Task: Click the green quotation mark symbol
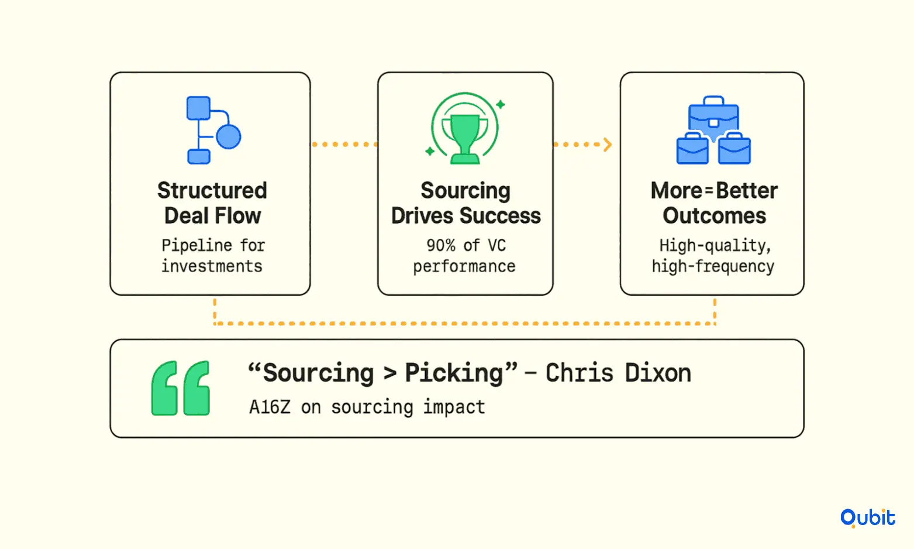click(180, 388)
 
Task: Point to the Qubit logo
click(868, 518)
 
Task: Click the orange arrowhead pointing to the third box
click(608, 144)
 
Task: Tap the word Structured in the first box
click(212, 190)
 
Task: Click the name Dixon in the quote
click(658, 373)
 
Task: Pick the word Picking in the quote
click(454, 373)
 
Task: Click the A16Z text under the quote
click(270, 407)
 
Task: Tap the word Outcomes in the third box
click(714, 215)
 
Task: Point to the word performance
click(464, 267)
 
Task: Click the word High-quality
click(715, 246)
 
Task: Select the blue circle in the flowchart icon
click(229, 136)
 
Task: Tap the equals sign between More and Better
click(708, 191)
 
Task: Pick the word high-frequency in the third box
click(713, 267)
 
